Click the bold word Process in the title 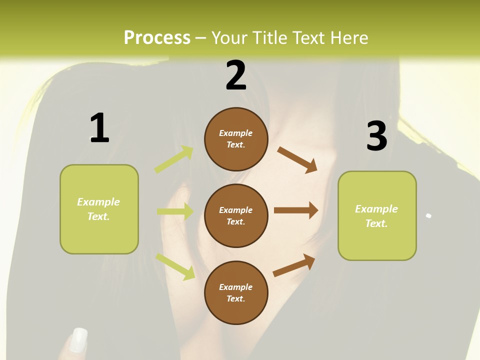pos(157,38)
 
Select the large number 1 pos(99,128)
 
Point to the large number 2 pos(236,75)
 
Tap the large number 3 pos(376,136)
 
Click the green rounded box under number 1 pos(99,209)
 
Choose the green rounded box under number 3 pos(377,216)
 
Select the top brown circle pos(236,139)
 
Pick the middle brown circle pos(236,215)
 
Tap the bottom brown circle pos(236,292)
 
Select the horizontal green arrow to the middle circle pos(175,211)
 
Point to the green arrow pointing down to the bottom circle pos(175,266)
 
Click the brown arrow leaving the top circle pos(297,159)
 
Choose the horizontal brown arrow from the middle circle pos(296,210)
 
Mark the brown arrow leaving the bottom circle pos(294,265)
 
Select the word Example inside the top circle pos(236,133)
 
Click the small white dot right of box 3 pos(428,216)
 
